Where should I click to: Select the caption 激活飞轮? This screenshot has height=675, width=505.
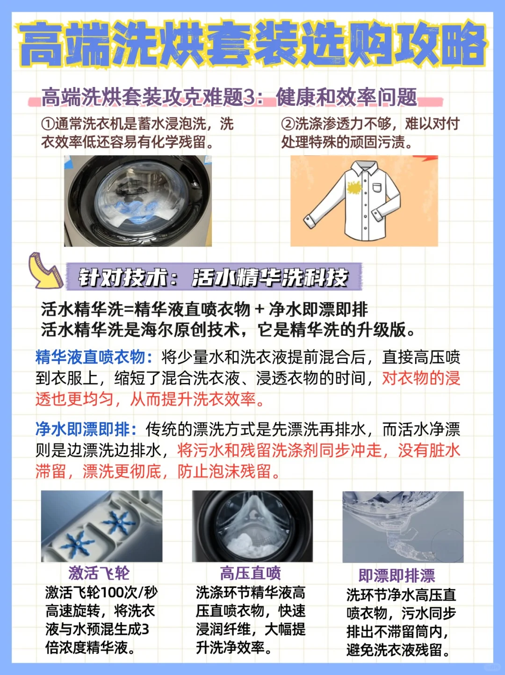tap(99, 572)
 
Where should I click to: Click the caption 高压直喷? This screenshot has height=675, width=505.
tap(251, 573)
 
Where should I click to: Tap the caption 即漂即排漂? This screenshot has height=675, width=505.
tap(397, 575)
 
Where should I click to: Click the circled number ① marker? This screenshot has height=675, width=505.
tap(48, 124)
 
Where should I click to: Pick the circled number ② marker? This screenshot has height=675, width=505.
tap(288, 124)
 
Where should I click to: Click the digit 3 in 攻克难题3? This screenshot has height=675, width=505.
tap(249, 97)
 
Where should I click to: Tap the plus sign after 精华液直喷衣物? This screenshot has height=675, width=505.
tap(260, 309)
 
